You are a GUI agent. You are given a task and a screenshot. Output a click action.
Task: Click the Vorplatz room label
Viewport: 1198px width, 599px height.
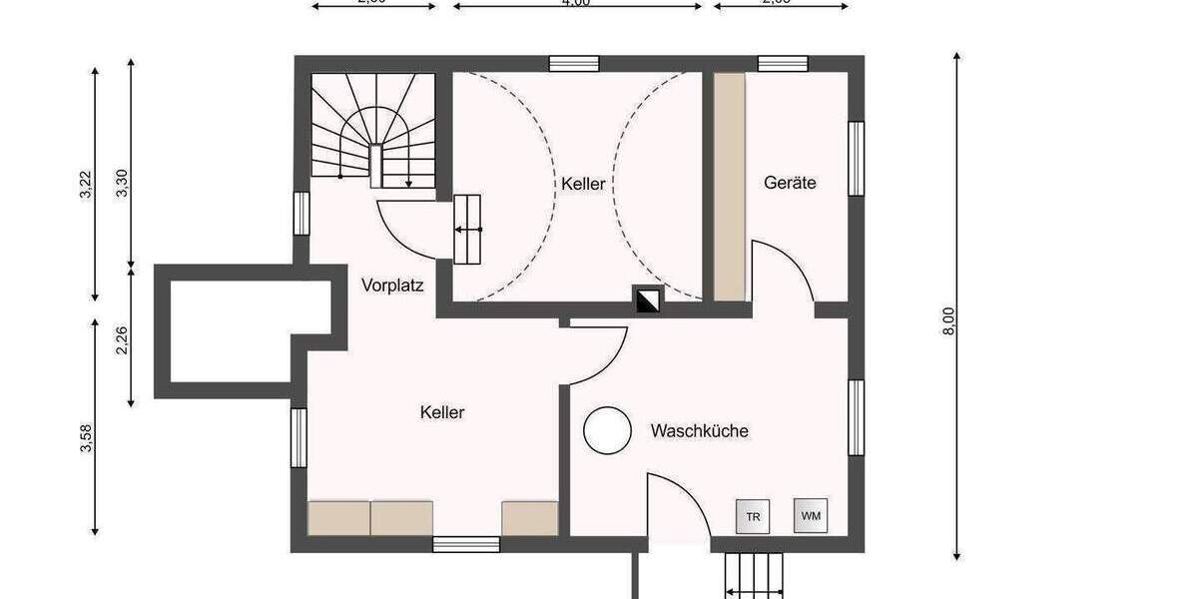392,286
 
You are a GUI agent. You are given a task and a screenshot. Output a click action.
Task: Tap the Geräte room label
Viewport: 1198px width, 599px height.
790,183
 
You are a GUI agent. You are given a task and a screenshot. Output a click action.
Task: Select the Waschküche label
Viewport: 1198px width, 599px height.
699,431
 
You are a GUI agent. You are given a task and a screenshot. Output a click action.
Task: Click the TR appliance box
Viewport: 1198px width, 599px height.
752,516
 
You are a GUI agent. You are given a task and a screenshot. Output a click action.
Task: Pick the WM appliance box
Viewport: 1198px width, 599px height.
811,515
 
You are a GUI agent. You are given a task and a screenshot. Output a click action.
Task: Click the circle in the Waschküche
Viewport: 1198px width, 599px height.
607,431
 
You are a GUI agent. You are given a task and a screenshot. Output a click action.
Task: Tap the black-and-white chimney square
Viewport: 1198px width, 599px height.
647,299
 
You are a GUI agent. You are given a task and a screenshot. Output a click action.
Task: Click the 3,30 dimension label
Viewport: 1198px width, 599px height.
122,185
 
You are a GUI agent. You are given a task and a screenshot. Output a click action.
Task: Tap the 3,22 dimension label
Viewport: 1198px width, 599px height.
85,185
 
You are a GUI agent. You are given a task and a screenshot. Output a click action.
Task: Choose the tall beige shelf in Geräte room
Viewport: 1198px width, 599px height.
729,187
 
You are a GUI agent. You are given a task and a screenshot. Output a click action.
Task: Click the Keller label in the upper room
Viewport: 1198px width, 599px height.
583,184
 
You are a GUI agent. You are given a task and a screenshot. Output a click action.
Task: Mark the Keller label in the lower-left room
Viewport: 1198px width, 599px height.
442,411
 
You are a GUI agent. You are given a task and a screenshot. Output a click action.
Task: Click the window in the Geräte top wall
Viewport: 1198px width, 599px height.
783,64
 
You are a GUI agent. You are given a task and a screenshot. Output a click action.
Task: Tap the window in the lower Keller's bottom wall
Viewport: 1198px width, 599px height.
465,544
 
